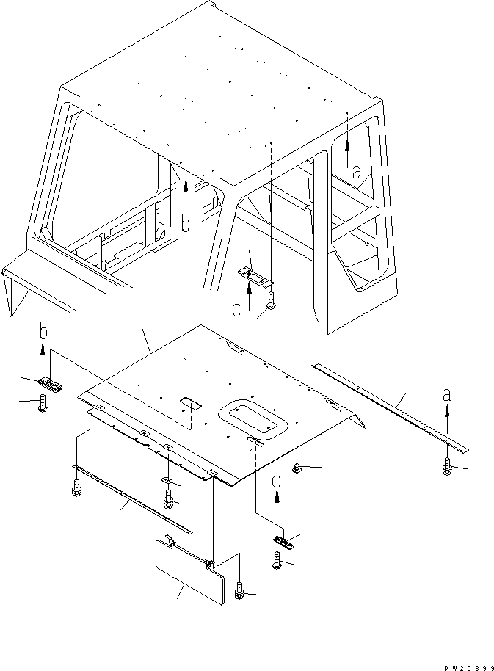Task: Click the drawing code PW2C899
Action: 466,666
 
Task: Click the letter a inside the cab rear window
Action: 356,173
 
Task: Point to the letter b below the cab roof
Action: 186,225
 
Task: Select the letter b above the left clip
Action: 43,333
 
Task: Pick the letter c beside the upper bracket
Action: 236,310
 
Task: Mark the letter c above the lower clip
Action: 277,482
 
